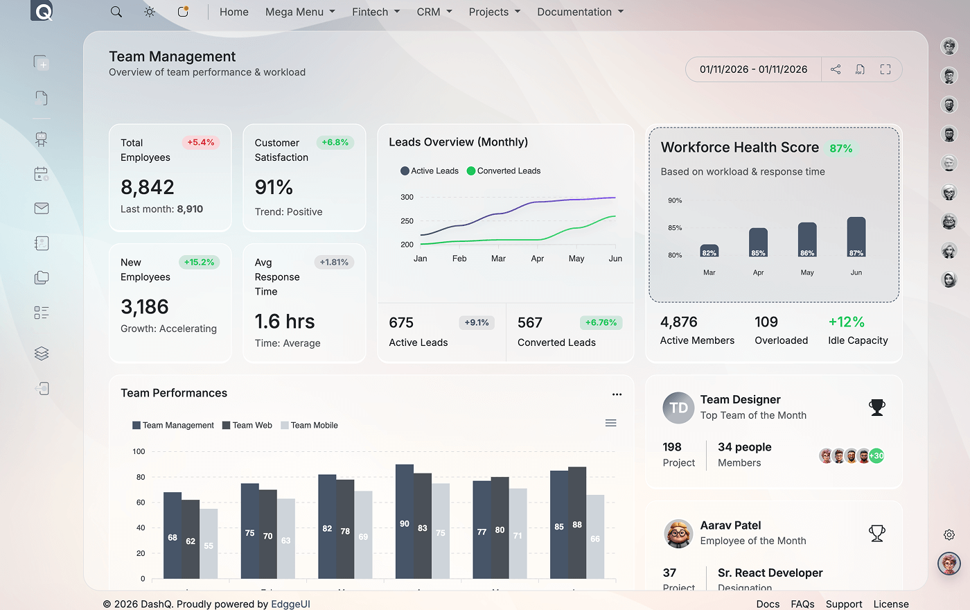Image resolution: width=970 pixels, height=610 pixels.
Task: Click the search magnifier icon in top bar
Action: coord(116,12)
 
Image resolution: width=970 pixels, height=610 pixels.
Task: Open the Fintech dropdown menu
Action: coord(376,12)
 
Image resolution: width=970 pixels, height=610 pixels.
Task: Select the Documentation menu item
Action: coord(580,12)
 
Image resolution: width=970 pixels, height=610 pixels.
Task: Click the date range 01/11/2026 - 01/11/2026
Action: coord(753,69)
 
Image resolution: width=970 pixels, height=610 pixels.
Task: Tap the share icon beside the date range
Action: coord(836,69)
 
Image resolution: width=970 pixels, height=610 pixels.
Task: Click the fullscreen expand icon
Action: coord(885,69)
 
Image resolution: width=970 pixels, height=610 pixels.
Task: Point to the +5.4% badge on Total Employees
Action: coord(201,142)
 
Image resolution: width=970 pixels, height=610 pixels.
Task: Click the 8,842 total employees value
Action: coord(148,187)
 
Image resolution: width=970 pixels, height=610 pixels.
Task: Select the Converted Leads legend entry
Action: coord(504,171)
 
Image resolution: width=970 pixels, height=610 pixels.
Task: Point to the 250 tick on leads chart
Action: coord(407,221)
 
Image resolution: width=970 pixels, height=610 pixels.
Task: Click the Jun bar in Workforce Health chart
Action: coord(856,236)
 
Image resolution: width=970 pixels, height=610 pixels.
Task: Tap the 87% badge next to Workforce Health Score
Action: coord(841,148)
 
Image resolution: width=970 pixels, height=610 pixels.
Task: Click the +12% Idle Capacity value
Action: coord(846,322)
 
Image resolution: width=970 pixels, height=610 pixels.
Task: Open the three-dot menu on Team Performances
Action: coord(617,394)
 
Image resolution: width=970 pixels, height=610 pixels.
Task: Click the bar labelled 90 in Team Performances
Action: coord(405,521)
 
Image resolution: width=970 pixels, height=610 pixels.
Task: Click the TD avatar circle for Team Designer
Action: coord(678,408)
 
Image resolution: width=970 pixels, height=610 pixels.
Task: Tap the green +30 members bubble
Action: coord(877,455)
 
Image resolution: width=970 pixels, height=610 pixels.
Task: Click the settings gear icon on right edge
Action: coord(949,534)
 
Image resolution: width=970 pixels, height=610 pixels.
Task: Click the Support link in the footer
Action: coord(843,604)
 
